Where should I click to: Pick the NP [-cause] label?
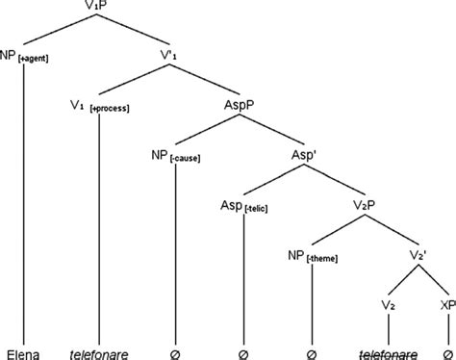[175, 155]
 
